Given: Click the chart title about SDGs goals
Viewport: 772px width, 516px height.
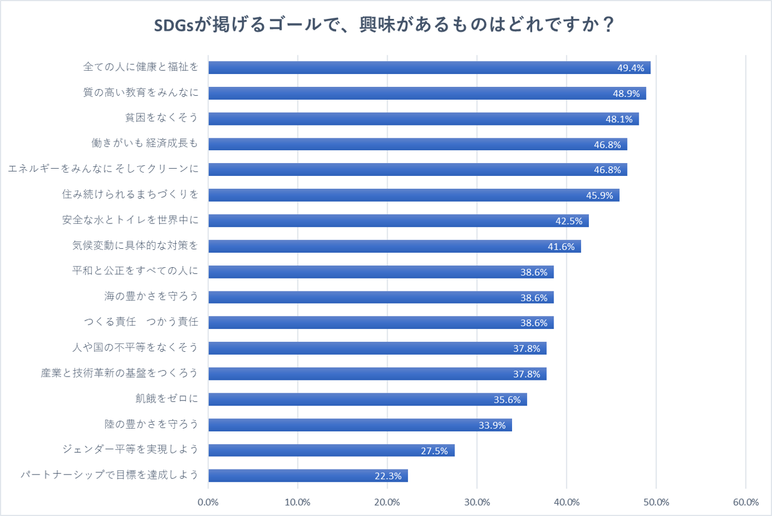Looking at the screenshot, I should coord(385,26).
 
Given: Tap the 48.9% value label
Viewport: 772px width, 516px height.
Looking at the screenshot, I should coord(626,94).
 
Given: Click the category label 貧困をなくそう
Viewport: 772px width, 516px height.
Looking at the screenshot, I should coord(161,118).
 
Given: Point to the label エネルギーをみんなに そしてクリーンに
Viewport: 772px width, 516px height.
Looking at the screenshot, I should coord(103,169).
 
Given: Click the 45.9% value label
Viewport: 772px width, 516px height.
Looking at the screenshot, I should coord(599,196).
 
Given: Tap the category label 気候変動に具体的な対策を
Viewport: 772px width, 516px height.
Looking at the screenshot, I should coord(135,245).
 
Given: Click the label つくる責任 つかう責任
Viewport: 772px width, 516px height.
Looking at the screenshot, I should coord(141,322).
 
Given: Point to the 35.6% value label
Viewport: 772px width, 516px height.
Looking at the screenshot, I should coord(507,400).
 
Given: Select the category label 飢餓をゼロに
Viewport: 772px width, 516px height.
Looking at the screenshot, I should coord(167,398).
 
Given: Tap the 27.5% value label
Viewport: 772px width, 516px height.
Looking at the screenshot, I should coord(434,451).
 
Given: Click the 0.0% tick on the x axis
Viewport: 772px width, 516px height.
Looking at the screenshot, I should coord(208,502).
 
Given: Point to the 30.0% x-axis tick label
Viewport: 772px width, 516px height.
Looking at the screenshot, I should coord(477,502).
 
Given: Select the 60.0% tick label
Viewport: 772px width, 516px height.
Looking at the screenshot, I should coord(746,502).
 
